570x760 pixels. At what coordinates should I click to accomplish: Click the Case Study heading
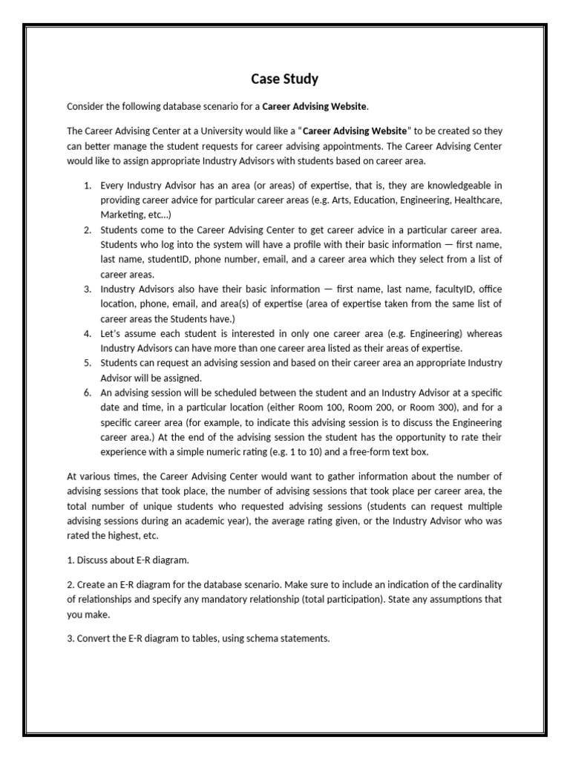(x=284, y=78)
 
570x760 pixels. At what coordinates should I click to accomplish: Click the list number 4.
(x=87, y=333)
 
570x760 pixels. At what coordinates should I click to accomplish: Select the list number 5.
(x=87, y=363)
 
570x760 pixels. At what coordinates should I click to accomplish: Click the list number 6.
(x=87, y=393)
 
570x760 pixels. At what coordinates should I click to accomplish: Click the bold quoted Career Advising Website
(x=356, y=131)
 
